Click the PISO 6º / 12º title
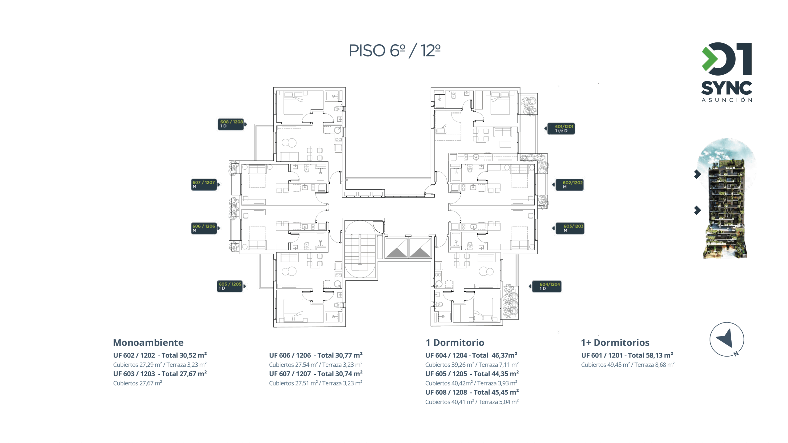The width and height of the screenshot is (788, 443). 394,51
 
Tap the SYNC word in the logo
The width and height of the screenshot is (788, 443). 727,88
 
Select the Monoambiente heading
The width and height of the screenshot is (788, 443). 148,342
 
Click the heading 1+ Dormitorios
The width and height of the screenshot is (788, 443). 615,342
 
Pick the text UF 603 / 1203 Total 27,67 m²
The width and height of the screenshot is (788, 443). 160,374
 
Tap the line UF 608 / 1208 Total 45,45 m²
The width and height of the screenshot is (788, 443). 472,392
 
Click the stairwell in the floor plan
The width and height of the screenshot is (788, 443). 360,249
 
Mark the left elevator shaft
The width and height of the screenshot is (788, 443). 396,247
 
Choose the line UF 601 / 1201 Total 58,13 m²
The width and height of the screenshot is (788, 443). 627,355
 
